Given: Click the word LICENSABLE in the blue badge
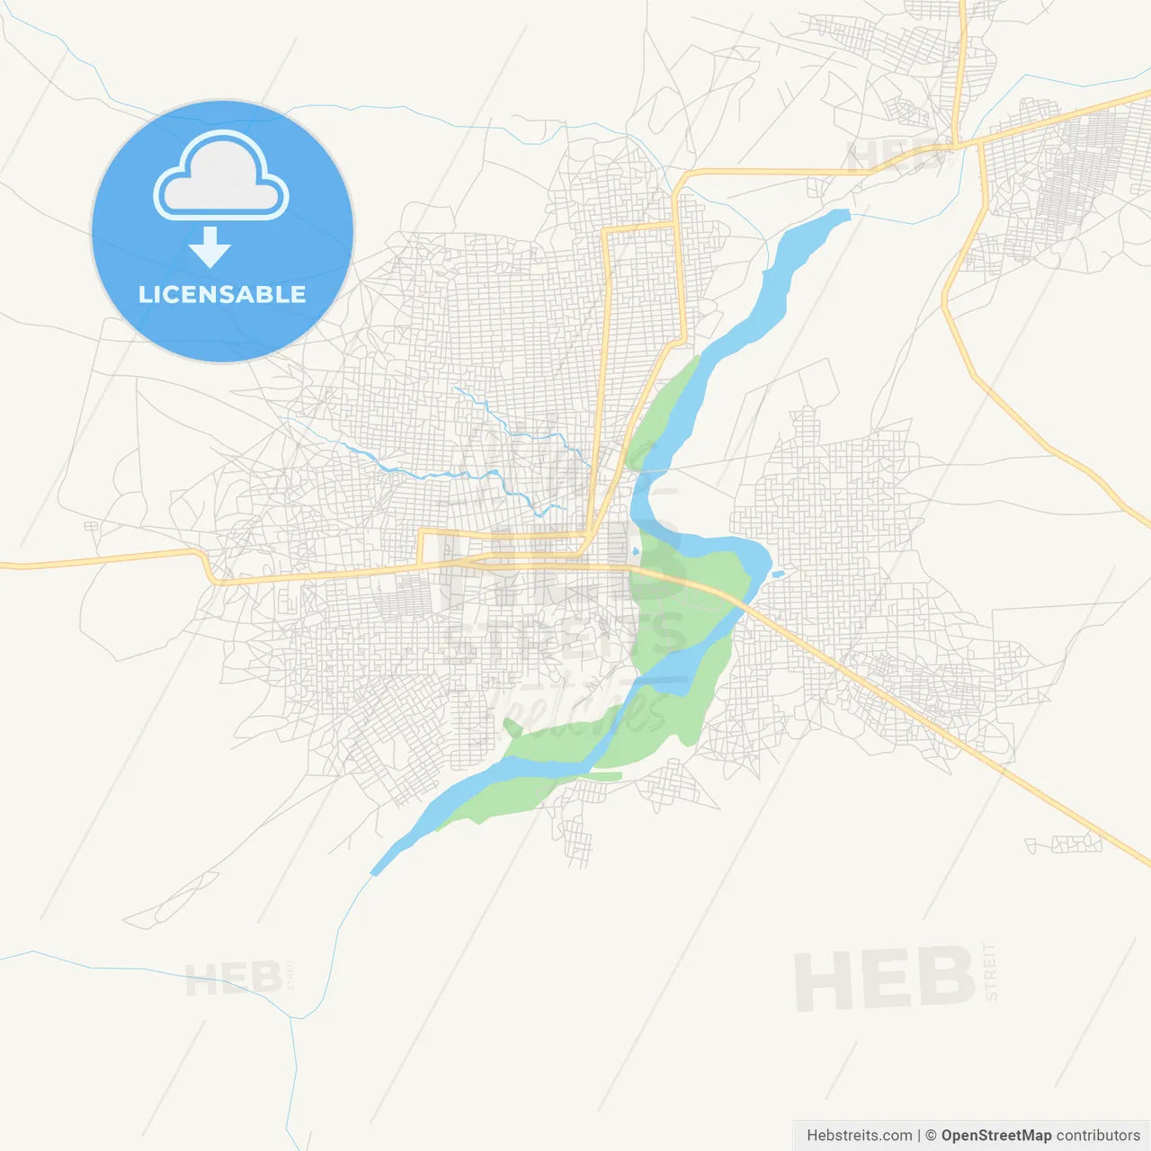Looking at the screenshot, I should point(222,294).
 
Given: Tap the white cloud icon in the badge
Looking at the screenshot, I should point(221,178).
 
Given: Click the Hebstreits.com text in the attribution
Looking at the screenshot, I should point(859,1136).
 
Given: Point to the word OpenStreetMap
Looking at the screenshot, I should point(995,1136).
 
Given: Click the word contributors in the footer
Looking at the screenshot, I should point(1098,1136).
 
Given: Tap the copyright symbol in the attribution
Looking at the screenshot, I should point(932,1136).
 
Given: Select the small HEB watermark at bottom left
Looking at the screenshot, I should point(233,978).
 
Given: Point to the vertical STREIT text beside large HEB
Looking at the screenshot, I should point(991,972).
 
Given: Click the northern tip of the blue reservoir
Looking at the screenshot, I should point(840,215).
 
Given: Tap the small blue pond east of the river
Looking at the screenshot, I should point(778,573).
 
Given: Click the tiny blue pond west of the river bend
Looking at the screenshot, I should point(636,551).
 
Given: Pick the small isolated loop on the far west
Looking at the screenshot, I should point(91,526).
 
